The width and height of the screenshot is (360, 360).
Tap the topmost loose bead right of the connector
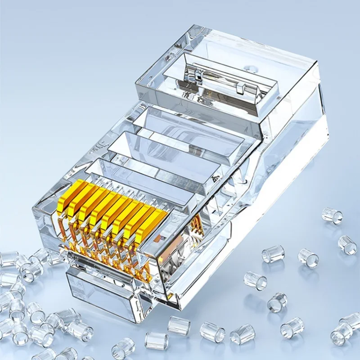332,215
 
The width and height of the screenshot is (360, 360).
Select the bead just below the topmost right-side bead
347,244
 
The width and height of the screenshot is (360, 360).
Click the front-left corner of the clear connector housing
38,211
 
